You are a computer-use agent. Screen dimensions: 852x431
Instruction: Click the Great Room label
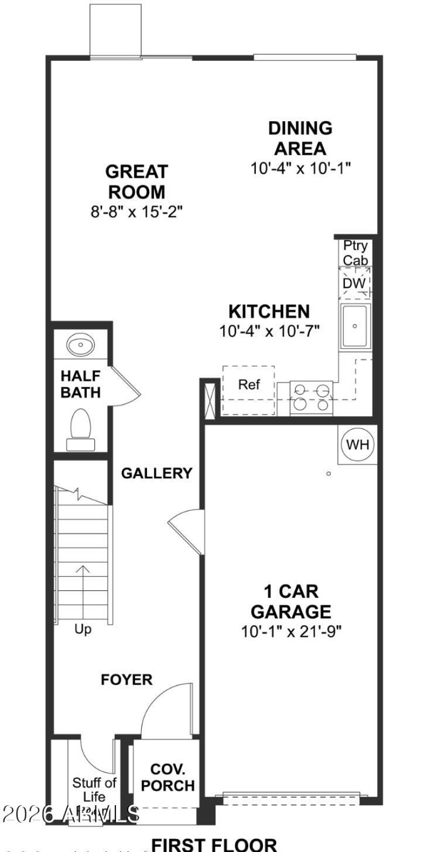pos(136,181)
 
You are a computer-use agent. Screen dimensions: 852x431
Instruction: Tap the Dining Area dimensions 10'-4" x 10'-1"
pos(301,169)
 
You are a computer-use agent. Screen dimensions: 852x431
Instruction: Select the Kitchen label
pos(269,311)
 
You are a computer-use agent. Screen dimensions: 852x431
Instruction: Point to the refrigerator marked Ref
pos(249,385)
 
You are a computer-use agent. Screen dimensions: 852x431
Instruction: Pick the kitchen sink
pos(355,325)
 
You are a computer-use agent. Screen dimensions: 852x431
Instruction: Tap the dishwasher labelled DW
pos(354,283)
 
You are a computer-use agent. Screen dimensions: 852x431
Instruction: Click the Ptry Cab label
pos(356,253)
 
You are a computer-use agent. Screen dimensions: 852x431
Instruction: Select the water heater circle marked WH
pos(358,444)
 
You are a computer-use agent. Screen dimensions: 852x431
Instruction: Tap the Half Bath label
pos(80,384)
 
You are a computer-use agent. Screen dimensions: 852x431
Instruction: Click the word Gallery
pos(156,473)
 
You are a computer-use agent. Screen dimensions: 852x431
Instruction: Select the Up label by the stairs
pos(83,628)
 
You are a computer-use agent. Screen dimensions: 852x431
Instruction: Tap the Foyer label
pos(127,680)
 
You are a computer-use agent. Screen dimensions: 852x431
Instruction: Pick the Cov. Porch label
pos(168,777)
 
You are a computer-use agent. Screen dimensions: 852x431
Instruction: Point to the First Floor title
pos(214,844)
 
